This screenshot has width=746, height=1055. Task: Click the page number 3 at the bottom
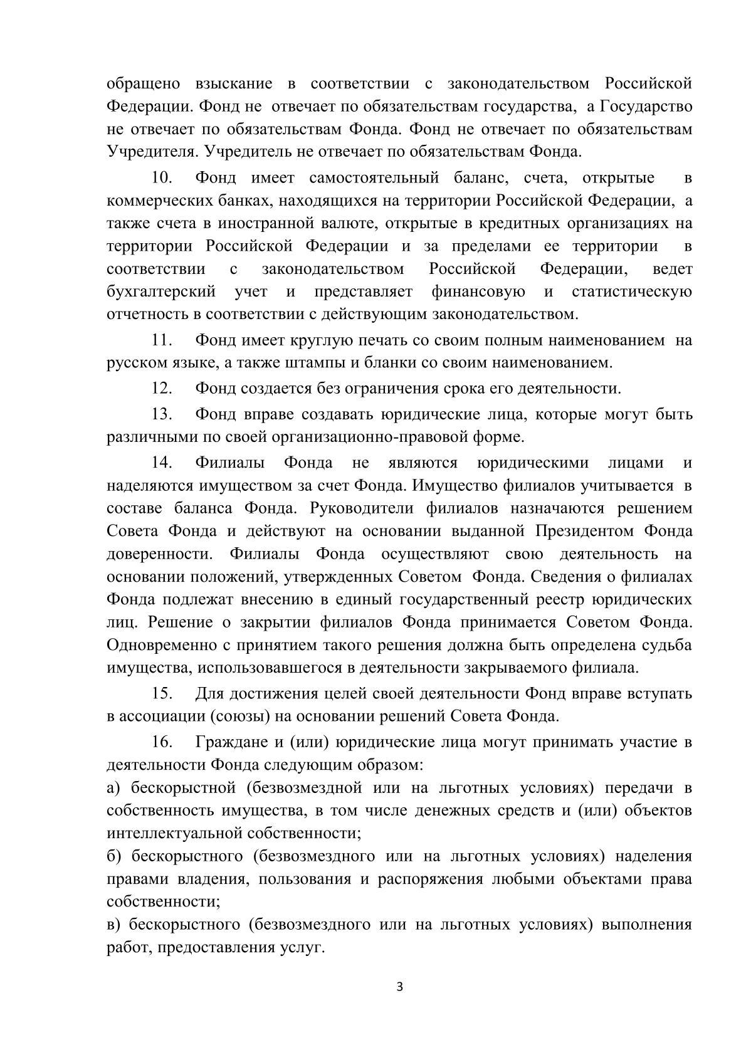tap(400, 987)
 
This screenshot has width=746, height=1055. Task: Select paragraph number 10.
tap(162, 178)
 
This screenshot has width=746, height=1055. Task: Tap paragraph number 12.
tap(162, 389)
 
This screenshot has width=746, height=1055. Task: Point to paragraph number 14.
tap(162, 463)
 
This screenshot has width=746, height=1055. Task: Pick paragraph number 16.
tap(162, 742)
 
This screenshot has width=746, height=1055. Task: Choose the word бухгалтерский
tap(161, 292)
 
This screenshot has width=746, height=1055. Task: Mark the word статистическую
tap(631, 292)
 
